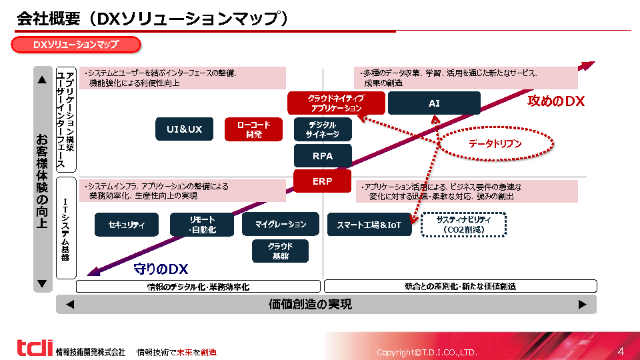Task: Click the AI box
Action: coord(434,103)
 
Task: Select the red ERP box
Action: coord(322,181)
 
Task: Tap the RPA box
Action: coord(322,156)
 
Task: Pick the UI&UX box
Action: coord(184,129)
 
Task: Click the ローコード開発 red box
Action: coord(253,129)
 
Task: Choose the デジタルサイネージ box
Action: coord(322,129)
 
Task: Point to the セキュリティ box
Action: coord(127,225)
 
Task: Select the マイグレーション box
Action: coord(281,225)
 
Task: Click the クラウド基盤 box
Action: coord(280,251)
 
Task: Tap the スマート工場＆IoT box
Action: coord(369,225)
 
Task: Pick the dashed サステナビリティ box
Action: coord(463,225)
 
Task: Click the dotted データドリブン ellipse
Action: coord(495,143)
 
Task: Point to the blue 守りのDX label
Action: coord(161,269)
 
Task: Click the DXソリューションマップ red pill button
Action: coord(76,45)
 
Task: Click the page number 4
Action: coord(621,351)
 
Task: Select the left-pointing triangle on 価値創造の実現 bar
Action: coord(70,305)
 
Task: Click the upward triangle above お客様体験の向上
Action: coord(42,80)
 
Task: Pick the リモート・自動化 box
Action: coord(202,225)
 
